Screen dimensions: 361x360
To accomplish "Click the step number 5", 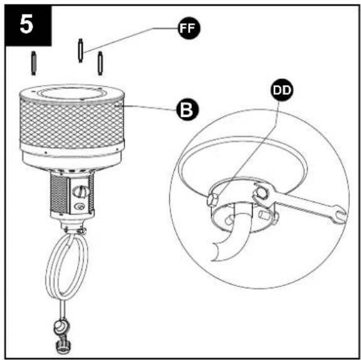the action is [x=26, y=25].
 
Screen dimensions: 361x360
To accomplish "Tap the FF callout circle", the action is [x=189, y=28].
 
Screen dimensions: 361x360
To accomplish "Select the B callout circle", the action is [x=187, y=110].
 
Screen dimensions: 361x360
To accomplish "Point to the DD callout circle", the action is [x=282, y=90].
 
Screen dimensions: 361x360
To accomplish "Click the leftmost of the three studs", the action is [x=34, y=63].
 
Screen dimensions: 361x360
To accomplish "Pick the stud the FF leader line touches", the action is [x=80, y=50].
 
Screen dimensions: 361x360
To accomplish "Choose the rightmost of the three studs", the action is [x=100, y=63].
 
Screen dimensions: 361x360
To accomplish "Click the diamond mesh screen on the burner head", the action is [x=72, y=123].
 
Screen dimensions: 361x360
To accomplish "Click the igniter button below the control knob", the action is [x=80, y=207].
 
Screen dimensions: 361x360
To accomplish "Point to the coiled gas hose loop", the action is [x=67, y=265].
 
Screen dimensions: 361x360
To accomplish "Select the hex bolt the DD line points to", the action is [x=212, y=199].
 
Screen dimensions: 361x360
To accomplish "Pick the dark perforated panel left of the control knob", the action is [x=60, y=193].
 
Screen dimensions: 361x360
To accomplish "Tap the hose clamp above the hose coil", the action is [x=81, y=230].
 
